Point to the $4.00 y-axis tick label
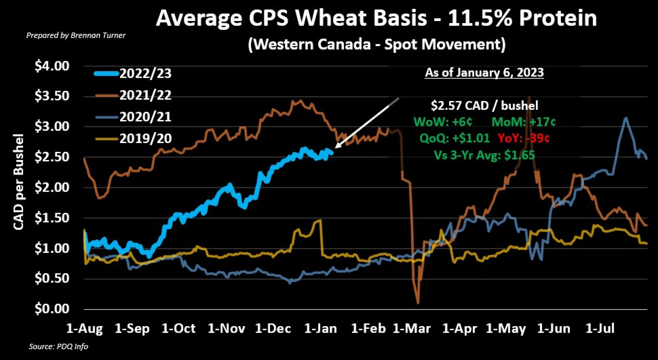click(x=52, y=66)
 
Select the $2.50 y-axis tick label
click(x=52, y=157)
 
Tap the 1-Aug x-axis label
click(x=85, y=328)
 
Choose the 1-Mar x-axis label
click(x=412, y=328)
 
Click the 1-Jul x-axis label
click(x=600, y=328)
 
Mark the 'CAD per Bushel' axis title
click(x=19, y=182)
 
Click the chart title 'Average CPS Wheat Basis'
click(x=376, y=18)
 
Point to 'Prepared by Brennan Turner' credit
click(x=76, y=36)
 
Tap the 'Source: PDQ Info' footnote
click(x=59, y=347)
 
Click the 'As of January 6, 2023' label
click(x=484, y=73)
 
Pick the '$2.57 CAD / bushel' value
click(x=484, y=106)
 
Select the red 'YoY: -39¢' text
click(x=523, y=138)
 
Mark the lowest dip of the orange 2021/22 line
click(x=418, y=303)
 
